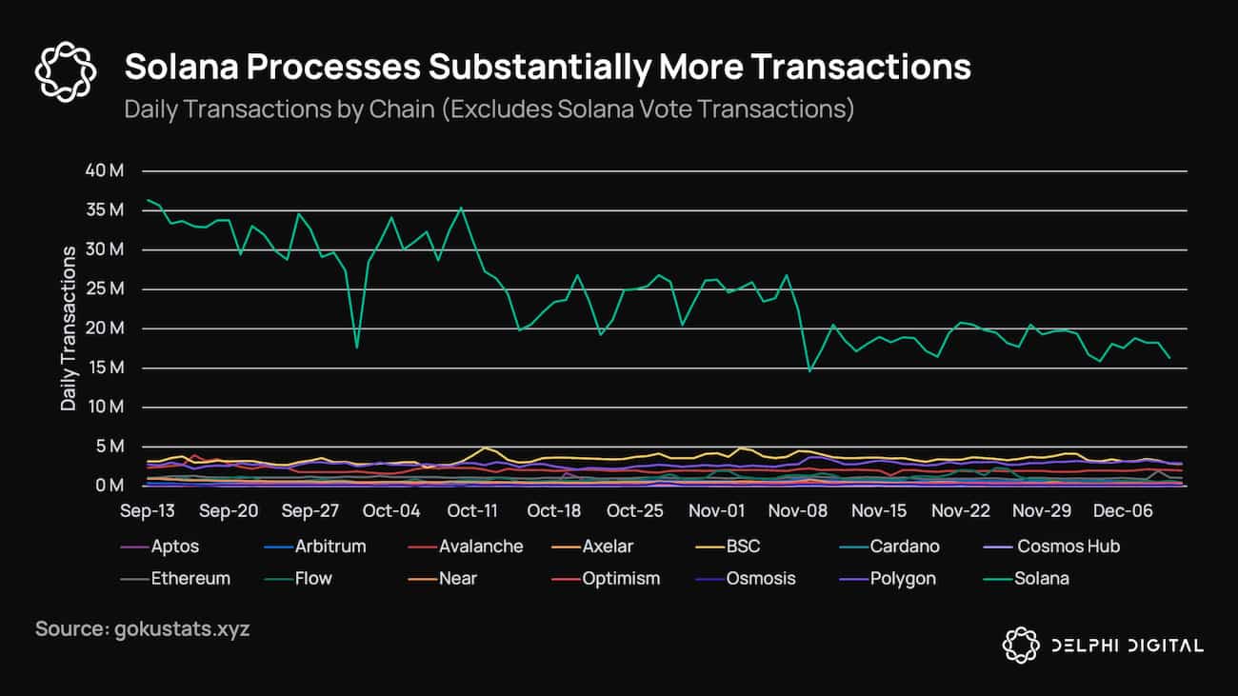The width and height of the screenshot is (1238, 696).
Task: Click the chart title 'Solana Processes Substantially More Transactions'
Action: click(548, 68)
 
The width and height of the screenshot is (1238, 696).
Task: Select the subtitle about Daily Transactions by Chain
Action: click(489, 109)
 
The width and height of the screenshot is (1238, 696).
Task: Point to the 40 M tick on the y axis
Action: click(104, 171)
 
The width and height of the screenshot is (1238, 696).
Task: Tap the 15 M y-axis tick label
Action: click(104, 368)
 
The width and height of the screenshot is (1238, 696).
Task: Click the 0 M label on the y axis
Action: click(109, 486)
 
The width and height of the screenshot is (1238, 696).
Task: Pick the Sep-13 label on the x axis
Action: click(148, 511)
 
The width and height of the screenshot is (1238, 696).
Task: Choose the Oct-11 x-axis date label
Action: click(472, 511)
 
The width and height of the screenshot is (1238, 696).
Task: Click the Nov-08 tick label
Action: click(798, 511)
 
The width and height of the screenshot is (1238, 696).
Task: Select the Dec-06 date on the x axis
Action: click(1123, 511)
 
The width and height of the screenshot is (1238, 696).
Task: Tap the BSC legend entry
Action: click(744, 547)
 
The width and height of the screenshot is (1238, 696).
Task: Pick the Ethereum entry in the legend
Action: click(190, 578)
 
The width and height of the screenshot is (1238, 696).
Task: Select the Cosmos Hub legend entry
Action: click(1068, 547)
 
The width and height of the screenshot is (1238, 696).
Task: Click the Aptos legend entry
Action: click(174, 547)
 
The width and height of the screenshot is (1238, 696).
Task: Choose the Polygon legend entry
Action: click(903, 578)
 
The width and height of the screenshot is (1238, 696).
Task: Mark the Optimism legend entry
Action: click(620, 578)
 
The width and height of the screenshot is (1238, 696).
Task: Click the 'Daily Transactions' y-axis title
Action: click(69, 328)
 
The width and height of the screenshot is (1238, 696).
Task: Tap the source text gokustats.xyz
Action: click(142, 629)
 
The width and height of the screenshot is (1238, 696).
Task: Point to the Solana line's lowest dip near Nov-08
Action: click(809, 370)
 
